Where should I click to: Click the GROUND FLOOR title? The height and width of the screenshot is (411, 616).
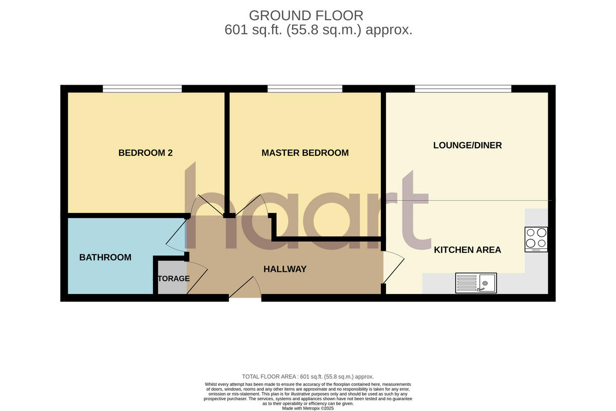(306, 15)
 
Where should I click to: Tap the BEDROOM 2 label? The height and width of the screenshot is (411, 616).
(145, 153)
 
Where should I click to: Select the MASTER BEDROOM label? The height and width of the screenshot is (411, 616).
(305, 153)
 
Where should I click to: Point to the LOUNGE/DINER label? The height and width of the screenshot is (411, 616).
(467, 145)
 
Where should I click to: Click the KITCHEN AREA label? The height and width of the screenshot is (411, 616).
(467, 250)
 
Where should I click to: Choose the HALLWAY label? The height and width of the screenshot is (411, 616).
(285, 269)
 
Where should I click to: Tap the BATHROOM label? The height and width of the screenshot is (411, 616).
(105, 258)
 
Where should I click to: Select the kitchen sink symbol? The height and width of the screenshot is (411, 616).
(476, 283)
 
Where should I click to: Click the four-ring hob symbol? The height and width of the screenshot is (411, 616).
(536, 239)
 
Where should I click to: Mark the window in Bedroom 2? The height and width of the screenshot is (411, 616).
(142, 89)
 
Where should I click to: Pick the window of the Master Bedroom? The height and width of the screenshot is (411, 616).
(305, 89)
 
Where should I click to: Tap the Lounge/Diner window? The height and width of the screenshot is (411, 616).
(463, 89)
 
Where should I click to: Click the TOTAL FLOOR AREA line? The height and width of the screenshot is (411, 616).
(308, 377)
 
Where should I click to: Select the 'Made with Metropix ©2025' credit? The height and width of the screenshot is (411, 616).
(308, 408)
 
